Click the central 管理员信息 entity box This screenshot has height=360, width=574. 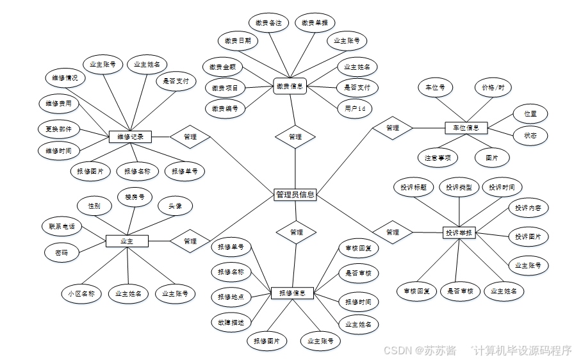[x=295, y=194]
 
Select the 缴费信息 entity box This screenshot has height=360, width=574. [x=290, y=86]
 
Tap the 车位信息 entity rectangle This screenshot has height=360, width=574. [x=466, y=128]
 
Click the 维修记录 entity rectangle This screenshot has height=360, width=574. [x=131, y=136]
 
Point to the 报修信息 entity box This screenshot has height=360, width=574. [x=292, y=293]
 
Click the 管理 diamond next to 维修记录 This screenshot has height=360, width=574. [x=190, y=136]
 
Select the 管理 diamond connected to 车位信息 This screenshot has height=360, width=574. [x=393, y=128]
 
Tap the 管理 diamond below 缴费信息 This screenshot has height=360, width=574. [x=295, y=136]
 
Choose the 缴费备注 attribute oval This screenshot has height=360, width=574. [x=268, y=23]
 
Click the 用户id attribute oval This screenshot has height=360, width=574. [x=354, y=109]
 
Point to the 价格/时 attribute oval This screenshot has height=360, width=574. [x=493, y=87]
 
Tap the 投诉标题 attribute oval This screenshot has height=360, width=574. [x=413, y=187]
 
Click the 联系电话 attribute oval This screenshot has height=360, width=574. [x=61, y=226]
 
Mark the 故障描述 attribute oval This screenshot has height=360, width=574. [x=231, y=322]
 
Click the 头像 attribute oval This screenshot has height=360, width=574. [x=176, y=206]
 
